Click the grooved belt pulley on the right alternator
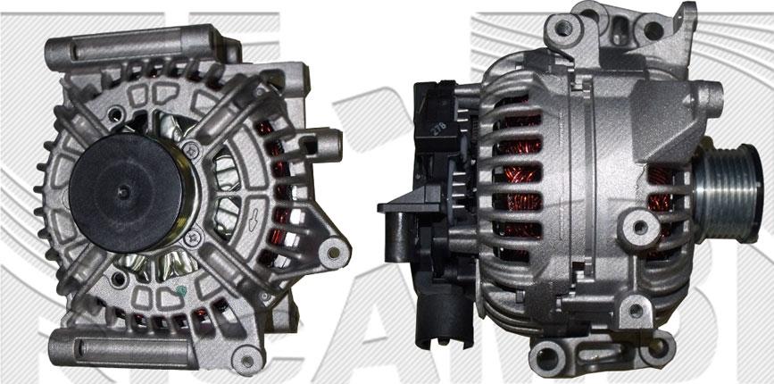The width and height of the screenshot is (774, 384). pos(726,189)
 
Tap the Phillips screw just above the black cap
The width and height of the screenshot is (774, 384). pos(191,151)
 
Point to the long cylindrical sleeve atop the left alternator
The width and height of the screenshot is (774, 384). pos(134,43)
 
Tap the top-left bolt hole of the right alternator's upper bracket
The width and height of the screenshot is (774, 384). pos(562,28)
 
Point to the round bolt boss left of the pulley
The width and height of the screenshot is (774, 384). pos(640,226)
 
